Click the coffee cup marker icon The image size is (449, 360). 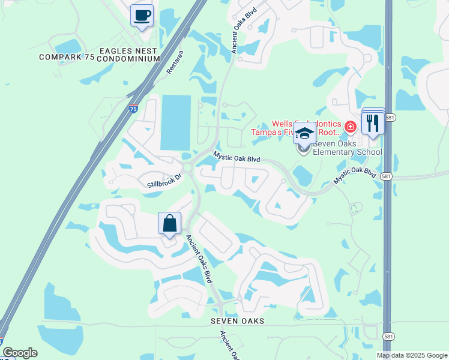click(x=142, y=16)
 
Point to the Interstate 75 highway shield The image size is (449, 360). click(x=133, y=110)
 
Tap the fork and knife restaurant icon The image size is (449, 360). click(x=373, y=123)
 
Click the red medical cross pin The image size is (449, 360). click(x=350, y=127)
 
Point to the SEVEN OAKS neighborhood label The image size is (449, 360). click(x=237, y=322)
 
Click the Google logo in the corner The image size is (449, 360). click(x=19, y=353)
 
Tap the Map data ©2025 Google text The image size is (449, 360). click(x=411, y=355)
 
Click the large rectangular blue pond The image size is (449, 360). click(x=175, y=122)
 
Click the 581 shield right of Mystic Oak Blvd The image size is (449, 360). click(x=387, y=176)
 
